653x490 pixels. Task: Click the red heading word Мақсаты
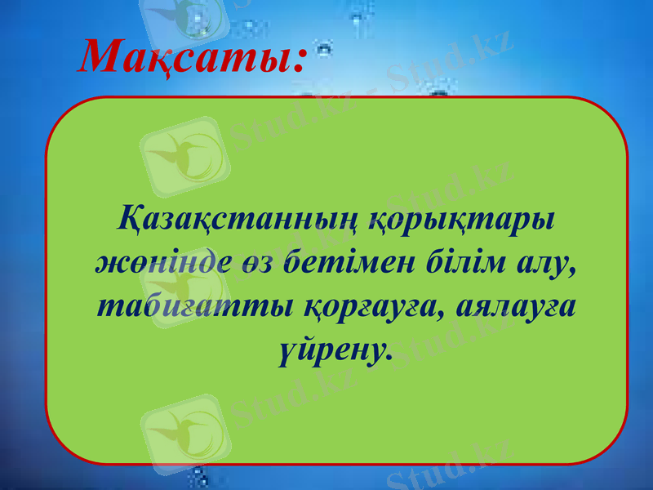click(x=187, y=56)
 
